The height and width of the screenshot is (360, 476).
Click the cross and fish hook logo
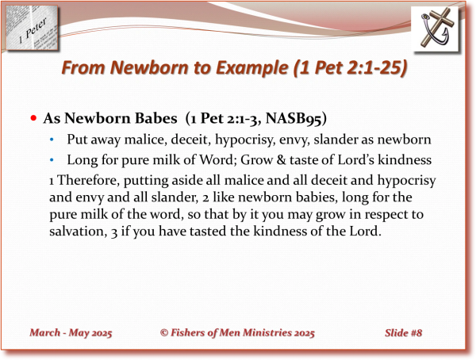click(435, 29)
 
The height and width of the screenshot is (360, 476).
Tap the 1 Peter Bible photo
click(32, 29)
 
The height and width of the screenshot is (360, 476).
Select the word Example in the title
click(251, 68)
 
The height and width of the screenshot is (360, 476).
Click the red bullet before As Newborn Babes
click(33, 118)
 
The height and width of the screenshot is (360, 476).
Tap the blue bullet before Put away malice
click(52, 140)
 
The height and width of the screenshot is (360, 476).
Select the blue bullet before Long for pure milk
click(52, 159)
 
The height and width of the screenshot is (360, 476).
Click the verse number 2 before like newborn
click(205, 198)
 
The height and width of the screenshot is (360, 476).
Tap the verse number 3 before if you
click(113, 232)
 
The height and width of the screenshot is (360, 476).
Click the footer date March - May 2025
click(71, 333)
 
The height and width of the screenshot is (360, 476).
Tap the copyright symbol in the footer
click(164, 333)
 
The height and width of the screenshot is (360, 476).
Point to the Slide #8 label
click(404, 333)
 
